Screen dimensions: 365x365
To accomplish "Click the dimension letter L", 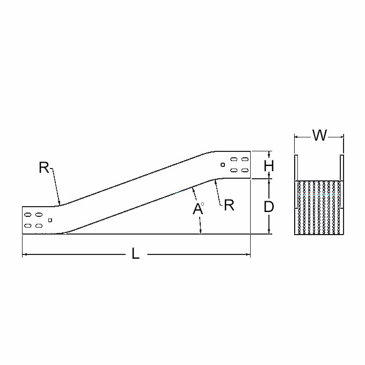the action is point(135,253).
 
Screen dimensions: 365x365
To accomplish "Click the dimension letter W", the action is point(319,135).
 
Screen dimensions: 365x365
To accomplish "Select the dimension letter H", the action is point(269,166).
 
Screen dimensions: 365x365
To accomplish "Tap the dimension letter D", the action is point(268,207).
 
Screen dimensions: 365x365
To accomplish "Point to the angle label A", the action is point(198,209).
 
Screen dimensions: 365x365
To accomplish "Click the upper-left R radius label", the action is point(44,167).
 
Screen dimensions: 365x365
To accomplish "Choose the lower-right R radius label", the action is point(229,205).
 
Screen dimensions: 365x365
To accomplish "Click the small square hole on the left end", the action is point(50,220).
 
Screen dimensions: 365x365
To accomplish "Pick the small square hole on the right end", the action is point(223,165).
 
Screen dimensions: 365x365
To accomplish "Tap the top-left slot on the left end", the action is point(28,214).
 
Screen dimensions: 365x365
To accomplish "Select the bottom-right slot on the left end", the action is point(39,225).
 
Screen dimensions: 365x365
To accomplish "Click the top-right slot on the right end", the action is point(245,159).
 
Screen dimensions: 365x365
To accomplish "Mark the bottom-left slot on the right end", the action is point(233,170).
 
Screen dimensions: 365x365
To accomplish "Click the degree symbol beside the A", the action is point(202,204).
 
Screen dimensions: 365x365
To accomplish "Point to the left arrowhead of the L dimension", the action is point(24,254).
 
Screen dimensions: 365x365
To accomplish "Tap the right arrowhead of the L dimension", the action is point(249,254).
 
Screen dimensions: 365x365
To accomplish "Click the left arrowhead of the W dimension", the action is point(296,137).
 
